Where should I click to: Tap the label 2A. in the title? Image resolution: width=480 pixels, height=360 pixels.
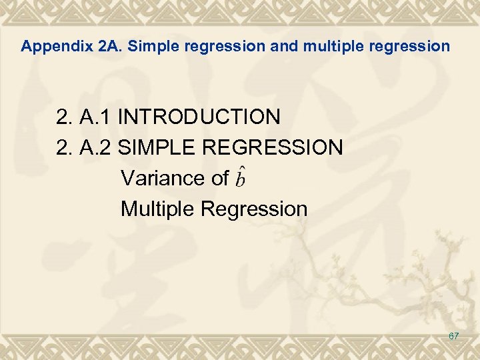click(x=110, y=47)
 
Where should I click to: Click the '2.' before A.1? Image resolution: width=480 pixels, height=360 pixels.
click(x=65, y=117)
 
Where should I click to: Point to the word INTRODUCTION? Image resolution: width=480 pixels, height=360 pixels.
click(x=199, y=117)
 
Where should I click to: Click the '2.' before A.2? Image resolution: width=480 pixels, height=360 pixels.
click(x=65, y=147)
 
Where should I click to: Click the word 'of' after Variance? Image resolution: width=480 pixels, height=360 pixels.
click(x=219, y=178)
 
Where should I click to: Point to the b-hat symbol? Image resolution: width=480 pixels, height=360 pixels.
click(x=241, y=177)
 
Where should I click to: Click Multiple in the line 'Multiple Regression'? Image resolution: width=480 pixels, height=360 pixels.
click(x=157, y=209)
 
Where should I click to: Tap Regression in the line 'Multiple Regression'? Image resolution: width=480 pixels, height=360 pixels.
click(x=254, y=209)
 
